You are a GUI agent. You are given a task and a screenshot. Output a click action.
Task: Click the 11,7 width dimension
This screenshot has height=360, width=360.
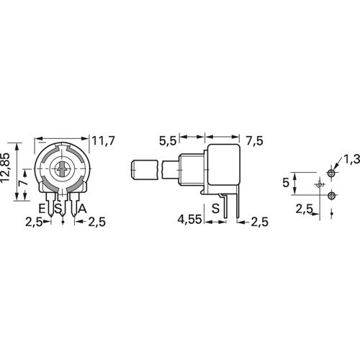[x=104, y=140]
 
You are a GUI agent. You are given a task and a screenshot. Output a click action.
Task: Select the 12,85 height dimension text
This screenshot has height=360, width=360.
[x=6, y=167]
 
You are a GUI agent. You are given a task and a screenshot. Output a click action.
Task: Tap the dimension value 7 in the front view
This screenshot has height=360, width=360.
[x=24, y=183]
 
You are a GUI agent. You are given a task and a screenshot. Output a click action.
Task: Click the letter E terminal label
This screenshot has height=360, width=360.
[x=42, y=208]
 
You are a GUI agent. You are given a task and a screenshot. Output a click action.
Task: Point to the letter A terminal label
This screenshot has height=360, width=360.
[x=82, y=208]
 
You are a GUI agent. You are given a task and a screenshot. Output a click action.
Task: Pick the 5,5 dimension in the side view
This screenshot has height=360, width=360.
[x=168, y=141]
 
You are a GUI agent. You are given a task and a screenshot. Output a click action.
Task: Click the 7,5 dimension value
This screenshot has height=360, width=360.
[x=255, y=141]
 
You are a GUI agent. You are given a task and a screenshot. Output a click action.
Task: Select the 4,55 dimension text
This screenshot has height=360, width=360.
[x=189, y=220]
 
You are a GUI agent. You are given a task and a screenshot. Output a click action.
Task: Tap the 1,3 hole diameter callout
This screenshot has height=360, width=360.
[x=351, y=159]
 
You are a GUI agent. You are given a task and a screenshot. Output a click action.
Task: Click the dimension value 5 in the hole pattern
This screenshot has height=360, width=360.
[x=286, y=183]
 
